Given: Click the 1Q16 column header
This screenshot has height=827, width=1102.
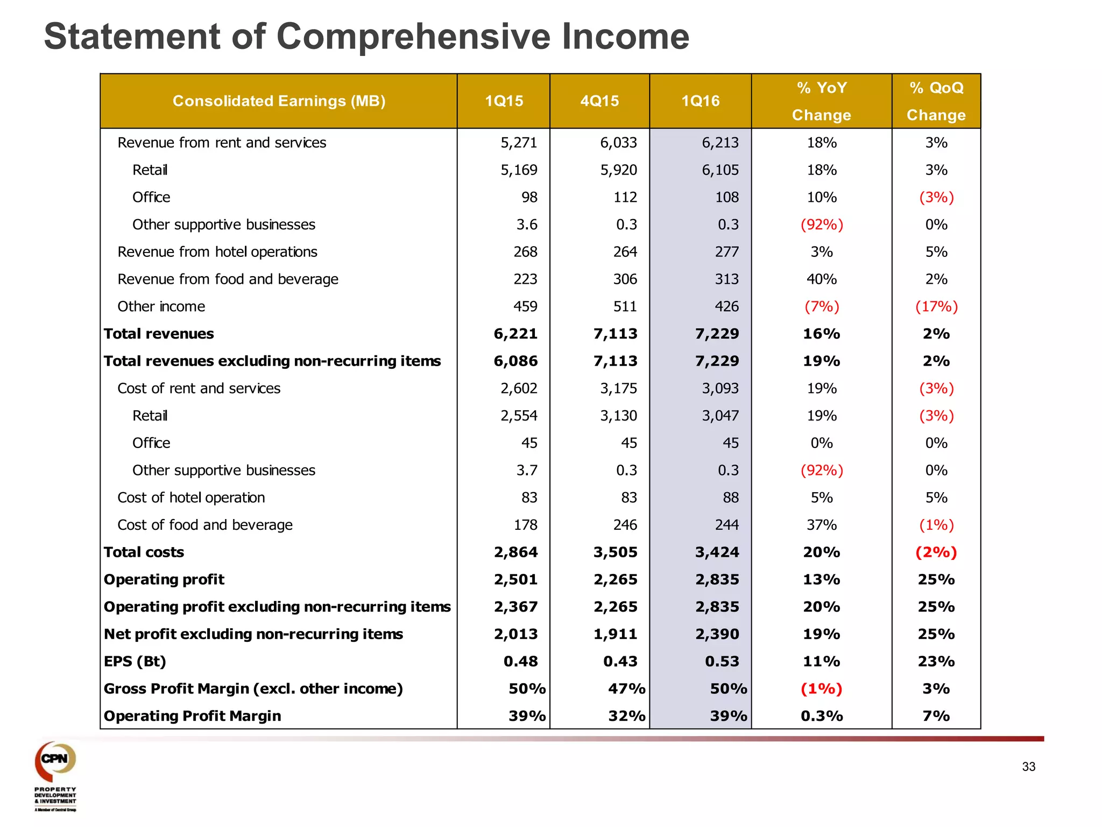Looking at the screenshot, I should (x=700, y=101).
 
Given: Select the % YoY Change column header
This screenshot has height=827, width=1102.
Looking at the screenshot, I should (x=821, y=101).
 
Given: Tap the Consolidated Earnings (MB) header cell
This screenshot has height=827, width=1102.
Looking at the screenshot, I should (x=279, y=101).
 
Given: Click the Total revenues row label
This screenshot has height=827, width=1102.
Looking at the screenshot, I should (x=159, y=334).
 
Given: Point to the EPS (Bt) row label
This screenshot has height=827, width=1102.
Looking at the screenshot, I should (x=135, y=661).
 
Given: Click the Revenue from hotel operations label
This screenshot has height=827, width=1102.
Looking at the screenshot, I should (x=217, y=252).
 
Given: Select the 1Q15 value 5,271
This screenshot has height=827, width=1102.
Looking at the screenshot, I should (x=519, y=143).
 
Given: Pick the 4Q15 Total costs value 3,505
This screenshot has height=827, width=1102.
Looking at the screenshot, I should (x=615, y=552).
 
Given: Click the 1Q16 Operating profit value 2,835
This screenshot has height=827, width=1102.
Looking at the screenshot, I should (x=717, y=580).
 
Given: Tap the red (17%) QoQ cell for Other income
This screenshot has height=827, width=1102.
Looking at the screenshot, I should (x=936, y=307).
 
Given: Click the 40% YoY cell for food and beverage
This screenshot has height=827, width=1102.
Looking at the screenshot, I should (x=821, y=279).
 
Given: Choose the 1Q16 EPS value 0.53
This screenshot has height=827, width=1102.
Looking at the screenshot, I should (x=722, y=662).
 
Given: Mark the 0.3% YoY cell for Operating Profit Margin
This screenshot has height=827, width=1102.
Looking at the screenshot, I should (x=821, y=716).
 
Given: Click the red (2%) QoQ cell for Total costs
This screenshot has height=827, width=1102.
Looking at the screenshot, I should (x=936, y=552).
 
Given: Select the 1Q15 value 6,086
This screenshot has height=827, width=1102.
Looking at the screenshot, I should (x=515, y=361).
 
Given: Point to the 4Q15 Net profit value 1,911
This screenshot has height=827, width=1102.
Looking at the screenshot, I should (x=615, y=634).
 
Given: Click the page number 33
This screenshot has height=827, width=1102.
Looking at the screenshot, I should (x=1028, y=767).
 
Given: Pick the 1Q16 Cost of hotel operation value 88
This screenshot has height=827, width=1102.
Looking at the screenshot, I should (x=730, y=498).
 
